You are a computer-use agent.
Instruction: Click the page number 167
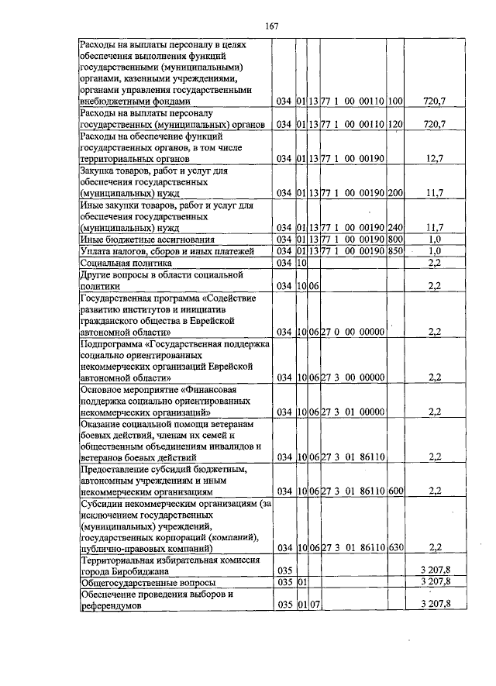click(x=271, y=26)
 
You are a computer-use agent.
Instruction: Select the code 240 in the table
click(x=395, y=227)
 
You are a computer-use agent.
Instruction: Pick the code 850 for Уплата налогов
click(x=395, y=251)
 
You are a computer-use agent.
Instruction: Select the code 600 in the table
click(x=395, y=491)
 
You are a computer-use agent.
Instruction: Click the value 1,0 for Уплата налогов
click(x=435, y=251)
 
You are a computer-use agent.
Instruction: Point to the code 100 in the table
click(x=395, y=102)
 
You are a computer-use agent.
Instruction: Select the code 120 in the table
click(x=395, y=125)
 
